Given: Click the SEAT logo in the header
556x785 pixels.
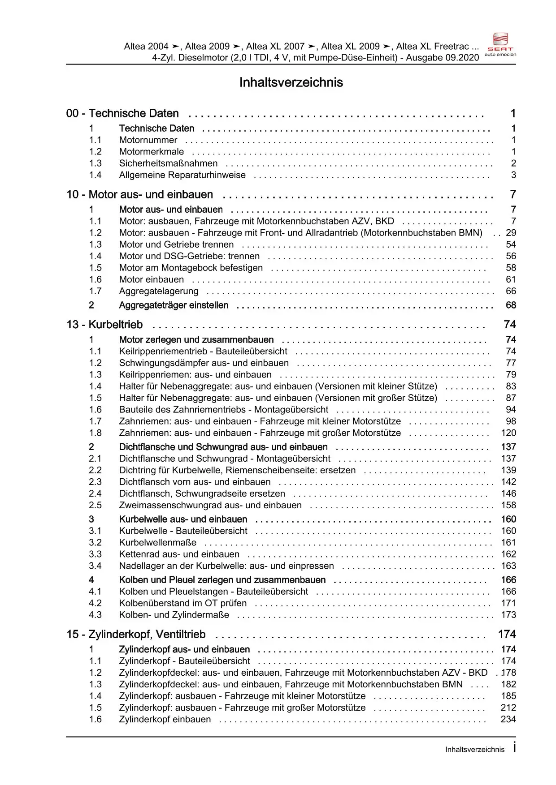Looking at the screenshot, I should (x=500, y=44).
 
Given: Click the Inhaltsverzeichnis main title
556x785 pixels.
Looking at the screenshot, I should (x=291, y=82).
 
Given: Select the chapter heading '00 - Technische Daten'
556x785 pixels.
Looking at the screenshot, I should (x=122, y=113).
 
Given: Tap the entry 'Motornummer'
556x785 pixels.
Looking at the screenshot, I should (x=148, y=140).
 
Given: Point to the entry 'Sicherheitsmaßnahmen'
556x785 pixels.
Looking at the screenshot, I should (x=168, y=163).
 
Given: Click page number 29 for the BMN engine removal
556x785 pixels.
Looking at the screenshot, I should (x=511, y=233).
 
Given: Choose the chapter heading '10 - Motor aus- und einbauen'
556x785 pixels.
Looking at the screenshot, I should (x=140, y=195).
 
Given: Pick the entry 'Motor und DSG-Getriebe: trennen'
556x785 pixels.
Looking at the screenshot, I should (x=189, y=256).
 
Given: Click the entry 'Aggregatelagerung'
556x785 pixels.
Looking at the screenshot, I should (x=159, y=291).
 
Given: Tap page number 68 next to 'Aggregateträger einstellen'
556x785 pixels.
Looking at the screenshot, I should (x=511, y=305).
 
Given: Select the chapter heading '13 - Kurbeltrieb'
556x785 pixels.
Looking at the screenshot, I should (x=104, y=325).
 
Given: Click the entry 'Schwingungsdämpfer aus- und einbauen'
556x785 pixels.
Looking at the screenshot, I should (x=204, y=363).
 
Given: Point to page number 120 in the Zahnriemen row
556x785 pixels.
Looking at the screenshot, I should (x=508, y=433).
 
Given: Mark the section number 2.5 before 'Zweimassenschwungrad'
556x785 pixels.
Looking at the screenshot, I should (x=95, y=505).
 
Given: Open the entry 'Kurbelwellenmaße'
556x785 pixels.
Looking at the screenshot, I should (x=158, y=543).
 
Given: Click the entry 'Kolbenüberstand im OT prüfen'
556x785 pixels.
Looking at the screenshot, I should (x=183, y=603).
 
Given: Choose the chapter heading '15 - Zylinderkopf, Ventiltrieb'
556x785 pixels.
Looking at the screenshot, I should (x=136, y=635).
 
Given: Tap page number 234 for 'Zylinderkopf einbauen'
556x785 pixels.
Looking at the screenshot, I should (x=508, y=719).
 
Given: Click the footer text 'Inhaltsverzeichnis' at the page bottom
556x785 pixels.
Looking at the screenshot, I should (x=475, y=750).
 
